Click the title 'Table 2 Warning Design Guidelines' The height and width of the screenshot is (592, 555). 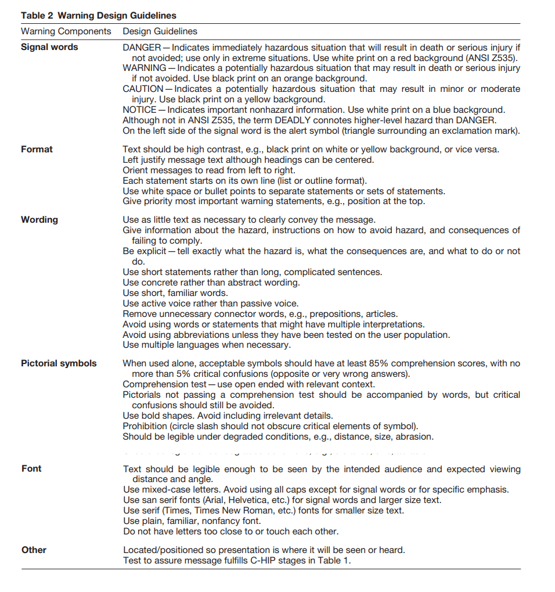(x=99, y=16)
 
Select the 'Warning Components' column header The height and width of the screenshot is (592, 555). (x=66, y=31)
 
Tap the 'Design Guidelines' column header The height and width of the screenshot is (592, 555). (x=160, y=31)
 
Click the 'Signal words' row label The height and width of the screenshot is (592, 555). (x=49, y=47)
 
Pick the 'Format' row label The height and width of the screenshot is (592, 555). (x=37, y=149)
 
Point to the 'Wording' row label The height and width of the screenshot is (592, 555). (x=39, y=220)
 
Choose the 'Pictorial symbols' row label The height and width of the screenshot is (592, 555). (x=59, y=363)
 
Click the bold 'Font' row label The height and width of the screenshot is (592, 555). (x=31, y=469)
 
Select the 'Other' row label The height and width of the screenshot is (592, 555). (x=34, y=550)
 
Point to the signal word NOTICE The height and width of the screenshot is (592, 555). (x=139, y=110)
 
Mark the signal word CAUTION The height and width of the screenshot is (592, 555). (x=143, y=89)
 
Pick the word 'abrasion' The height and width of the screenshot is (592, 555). (x=415, y=437)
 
